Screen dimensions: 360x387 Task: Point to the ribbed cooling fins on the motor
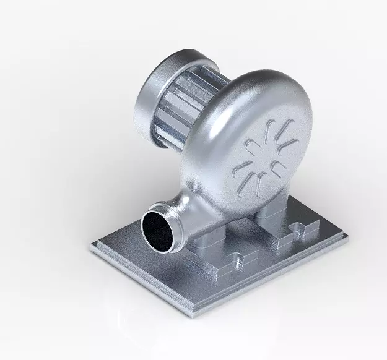coord(186,105)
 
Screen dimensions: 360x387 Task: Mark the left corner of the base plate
coord(92,247)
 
